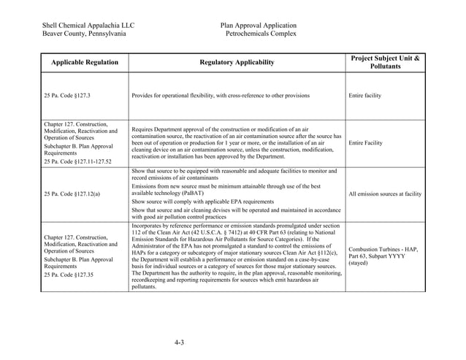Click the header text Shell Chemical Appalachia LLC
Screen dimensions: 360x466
(88, 25)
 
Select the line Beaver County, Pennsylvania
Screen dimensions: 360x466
(84, 34)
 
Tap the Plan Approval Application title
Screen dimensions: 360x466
(259, 25)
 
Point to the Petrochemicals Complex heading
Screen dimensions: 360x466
(261, 34)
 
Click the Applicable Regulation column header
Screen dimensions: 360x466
(85, 63)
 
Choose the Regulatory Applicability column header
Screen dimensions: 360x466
(237, 63)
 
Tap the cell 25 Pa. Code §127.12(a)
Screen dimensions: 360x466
(72, 194)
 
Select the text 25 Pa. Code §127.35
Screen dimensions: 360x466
(70, 275)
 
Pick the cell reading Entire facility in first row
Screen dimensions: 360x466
(364, 96)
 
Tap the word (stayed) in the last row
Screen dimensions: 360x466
(361, 263)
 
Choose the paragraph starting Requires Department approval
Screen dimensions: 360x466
(236, 142)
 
